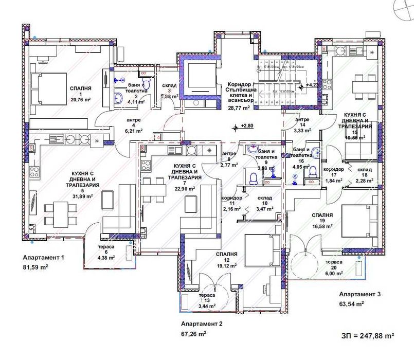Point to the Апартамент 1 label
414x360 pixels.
tap(44, 257)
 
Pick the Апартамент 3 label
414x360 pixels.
tap(359, 294)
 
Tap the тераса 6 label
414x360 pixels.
tap(106, 247)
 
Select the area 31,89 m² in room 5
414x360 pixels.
tap(82, 196)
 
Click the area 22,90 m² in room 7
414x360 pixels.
tap(184, 189)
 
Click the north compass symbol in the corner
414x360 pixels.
tap(404, 9)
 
